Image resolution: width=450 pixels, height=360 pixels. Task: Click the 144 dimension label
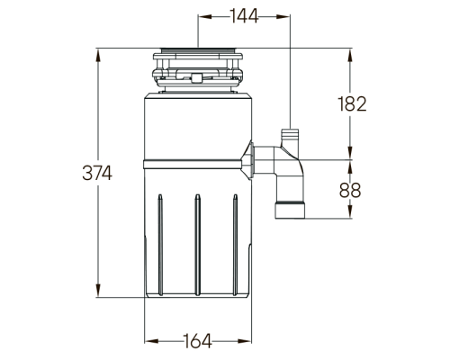(x=244, y=16)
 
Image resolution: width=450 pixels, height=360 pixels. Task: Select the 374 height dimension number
(x=97, y=173)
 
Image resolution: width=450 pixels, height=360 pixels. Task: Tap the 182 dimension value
(x=352, y=104)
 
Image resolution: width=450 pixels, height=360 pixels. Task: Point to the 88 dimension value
(x=350, y=190)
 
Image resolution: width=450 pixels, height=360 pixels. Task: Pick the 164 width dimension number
(x=198, y=341)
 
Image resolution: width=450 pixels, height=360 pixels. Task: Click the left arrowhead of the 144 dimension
(x=205, y=16)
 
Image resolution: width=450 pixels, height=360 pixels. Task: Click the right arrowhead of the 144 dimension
(x=283, y=16)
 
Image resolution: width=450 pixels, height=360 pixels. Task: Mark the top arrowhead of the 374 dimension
(x=98, y=56)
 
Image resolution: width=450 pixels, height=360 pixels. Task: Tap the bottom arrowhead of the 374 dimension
(x=98, y=291)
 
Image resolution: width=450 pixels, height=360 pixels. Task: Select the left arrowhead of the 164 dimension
(x=151, y=341)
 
